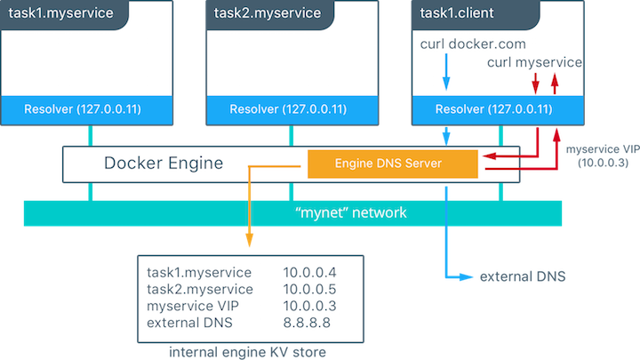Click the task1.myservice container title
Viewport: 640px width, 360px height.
pos(54,14)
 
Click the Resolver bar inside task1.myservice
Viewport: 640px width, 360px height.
pos(90,109)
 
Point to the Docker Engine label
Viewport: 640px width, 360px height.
pos(164,164)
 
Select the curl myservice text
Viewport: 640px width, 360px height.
pos(535,62)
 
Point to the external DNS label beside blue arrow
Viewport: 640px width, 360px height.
pos(522,277)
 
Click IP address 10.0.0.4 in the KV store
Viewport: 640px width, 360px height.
pos(307,272)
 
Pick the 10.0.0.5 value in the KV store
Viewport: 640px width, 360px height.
pos(307,289)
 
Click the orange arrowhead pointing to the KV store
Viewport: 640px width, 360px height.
pos(250,243)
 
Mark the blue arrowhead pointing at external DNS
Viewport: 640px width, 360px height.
pos(466,277)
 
